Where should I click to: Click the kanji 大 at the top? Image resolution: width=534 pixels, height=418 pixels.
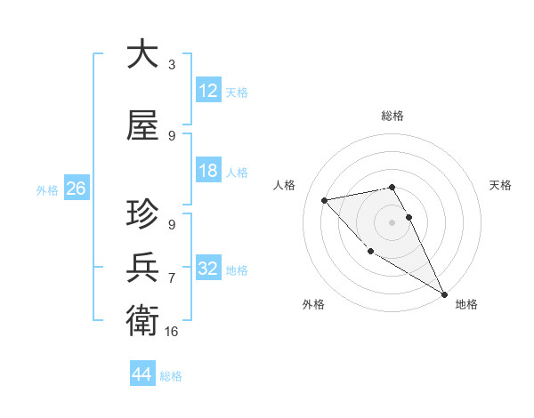pos(142,54)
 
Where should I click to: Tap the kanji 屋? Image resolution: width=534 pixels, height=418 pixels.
pos(142,126)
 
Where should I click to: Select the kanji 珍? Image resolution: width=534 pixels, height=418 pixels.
pos(142,214)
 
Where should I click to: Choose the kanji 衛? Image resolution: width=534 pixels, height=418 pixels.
pos(142,318)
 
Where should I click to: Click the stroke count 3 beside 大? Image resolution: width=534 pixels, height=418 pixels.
pos(172,65)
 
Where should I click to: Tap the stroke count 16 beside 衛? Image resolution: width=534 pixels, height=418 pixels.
pos(172,331)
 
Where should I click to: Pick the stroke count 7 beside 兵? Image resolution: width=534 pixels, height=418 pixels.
pos(172,278)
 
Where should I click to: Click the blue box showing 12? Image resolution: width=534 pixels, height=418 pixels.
pos(208,91)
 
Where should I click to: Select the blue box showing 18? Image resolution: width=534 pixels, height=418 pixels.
pos(208,171)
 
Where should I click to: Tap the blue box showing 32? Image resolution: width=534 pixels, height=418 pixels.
pos(208,269)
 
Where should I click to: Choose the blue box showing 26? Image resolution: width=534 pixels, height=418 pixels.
pos(76,189)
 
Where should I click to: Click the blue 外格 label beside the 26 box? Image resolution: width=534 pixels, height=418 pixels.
pos(47,189)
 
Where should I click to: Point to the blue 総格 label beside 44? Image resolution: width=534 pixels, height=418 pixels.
pos(171,376)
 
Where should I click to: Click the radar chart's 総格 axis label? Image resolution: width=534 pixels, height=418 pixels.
pos(392,116)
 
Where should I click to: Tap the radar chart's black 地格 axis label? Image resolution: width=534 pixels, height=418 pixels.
pos(466,304)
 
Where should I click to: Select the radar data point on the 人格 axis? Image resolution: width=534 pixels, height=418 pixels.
pos(325,200)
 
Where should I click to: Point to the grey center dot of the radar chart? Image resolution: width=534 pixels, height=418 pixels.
pos(392,221)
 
